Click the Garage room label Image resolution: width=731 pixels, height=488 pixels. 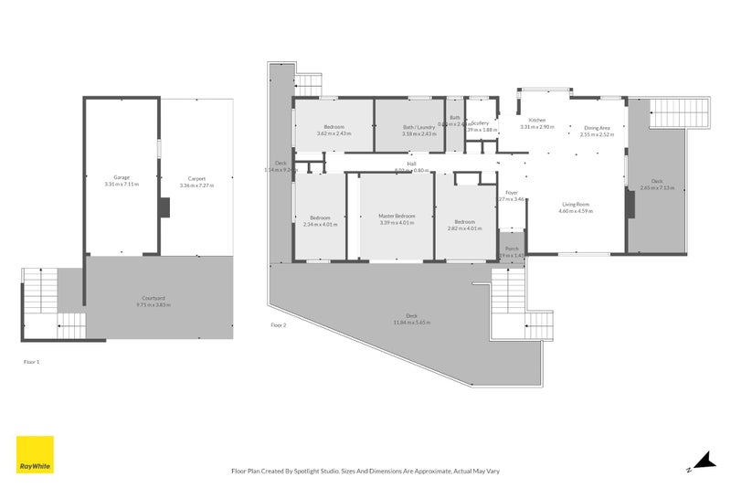click(121, 178)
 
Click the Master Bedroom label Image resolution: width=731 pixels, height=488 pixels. click(397, 216)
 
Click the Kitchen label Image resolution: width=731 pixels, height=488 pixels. click(536, 120)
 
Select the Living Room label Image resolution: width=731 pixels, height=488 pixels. click(576, 204)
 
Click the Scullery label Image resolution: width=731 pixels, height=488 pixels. click(481, 122)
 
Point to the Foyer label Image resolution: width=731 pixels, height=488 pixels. click(512, 193)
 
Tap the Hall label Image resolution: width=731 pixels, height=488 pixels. click(411, 164)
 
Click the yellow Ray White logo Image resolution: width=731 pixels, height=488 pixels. click(35, 454)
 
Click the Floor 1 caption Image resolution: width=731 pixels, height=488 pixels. click(31, 362)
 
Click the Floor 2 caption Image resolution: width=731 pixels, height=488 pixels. click(279, 324)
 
